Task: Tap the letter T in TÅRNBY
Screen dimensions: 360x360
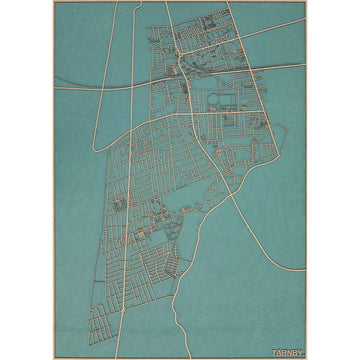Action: [273, 351]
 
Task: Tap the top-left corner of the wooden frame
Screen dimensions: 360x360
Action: [52, 2]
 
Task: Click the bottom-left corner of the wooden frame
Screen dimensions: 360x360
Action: [52, 358]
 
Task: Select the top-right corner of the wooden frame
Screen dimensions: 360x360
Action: [307, 2]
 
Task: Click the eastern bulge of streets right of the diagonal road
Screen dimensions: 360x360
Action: [250, 140]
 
